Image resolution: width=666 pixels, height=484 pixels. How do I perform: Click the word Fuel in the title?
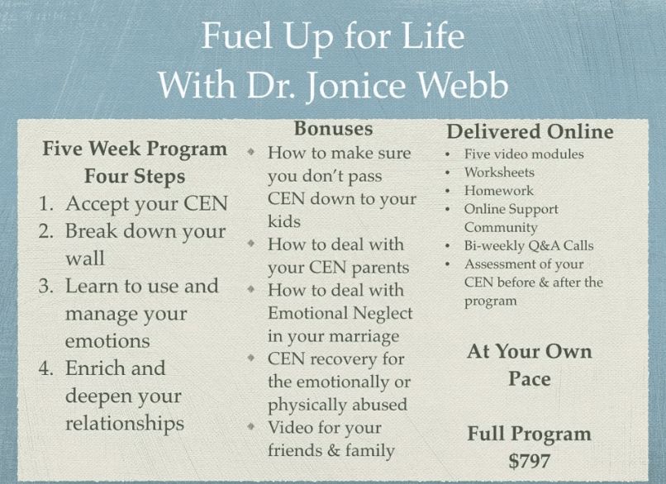(236, 36)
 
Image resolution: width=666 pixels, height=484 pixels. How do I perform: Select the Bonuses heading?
(334, 129)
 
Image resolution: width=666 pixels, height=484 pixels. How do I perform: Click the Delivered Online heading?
(530, 131)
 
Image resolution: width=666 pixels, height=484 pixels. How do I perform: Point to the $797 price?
(529, 461)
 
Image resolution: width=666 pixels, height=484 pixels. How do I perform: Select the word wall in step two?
(85, 259)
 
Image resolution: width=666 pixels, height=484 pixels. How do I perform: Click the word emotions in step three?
(107, 341)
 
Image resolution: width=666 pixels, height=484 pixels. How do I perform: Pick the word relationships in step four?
(125, 424)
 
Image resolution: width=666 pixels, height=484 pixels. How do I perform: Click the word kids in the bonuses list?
(284, 221)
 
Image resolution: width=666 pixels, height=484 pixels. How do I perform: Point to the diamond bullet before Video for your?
(251, 426)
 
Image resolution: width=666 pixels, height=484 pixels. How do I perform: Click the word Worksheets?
(499, 173)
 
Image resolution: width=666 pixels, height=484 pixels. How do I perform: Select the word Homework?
(498, 191)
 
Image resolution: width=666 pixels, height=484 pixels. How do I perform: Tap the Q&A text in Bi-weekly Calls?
(543, 246)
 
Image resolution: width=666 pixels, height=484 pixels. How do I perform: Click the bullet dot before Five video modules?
(447, 154)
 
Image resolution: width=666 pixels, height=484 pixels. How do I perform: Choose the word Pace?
(529, 379)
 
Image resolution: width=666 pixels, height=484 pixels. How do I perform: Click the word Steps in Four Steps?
(159, 177)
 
